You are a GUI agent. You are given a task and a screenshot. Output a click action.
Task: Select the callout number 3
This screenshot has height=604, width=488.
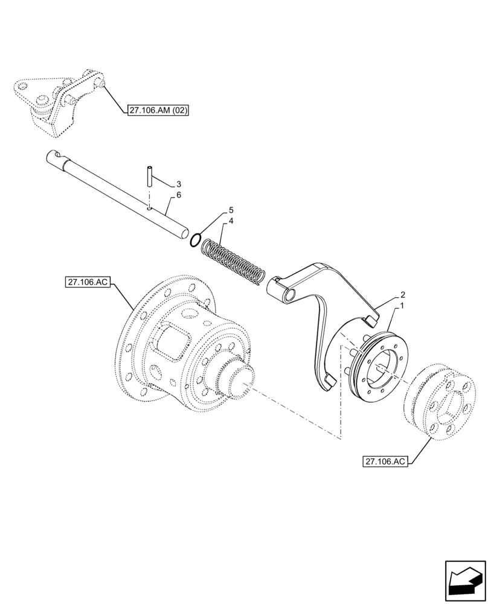179,184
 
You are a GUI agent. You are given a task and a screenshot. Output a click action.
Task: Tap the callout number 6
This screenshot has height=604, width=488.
179,196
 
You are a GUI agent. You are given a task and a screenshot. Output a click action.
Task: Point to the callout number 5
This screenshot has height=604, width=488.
231,211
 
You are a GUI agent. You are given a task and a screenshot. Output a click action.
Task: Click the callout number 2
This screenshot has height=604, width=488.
402,296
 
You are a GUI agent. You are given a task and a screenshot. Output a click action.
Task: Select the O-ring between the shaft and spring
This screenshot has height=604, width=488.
194,240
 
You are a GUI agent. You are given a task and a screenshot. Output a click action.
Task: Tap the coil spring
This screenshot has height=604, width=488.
233,261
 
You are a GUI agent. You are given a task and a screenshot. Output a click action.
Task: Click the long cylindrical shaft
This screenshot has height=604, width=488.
115,193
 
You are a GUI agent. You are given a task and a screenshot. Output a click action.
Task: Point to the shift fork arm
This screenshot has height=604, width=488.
326,302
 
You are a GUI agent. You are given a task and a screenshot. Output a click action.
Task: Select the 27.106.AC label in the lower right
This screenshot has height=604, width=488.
386,462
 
